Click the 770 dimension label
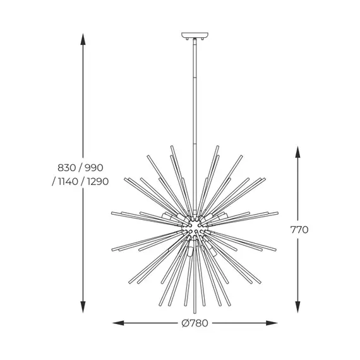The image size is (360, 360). click(299, 230)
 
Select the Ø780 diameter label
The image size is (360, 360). click(194, 323)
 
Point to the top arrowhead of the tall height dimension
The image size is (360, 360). click(82, 36)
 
